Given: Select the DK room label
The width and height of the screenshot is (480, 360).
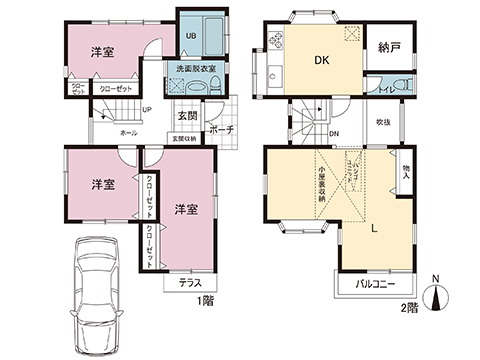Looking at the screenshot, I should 321,61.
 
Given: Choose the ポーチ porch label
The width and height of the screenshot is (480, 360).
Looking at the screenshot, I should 222,130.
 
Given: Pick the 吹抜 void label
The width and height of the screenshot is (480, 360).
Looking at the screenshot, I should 384,122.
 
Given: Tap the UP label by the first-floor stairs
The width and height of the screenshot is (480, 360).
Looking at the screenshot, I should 146,111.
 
